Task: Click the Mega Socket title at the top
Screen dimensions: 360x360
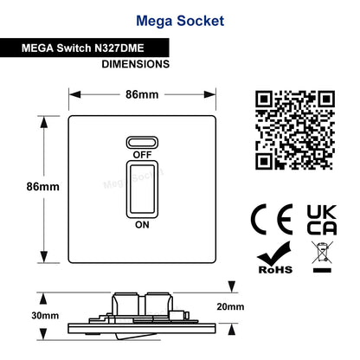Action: point(180,22)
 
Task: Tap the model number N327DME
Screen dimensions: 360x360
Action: point(119,48)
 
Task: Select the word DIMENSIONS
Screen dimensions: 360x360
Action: point(136,64)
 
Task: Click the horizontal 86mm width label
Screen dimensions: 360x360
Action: point(142,94)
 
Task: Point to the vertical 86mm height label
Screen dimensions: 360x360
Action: point(42,187)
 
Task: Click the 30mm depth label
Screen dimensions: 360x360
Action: point(45,316)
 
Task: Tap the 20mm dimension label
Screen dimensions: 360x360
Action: point(230,306)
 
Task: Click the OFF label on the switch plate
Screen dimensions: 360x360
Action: point(142,155)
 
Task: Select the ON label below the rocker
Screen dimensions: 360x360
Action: point(142,225)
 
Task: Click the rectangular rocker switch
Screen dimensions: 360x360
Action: point(142,190)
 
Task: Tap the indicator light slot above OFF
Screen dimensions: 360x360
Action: point(142,143)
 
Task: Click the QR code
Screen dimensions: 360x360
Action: point(295,130)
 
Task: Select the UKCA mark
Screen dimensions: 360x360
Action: point(322,220)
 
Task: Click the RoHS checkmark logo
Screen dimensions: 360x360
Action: point(275,258)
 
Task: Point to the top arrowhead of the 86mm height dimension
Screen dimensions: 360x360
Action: point(43,122)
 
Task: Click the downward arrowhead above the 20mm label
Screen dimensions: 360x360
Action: point(232,287)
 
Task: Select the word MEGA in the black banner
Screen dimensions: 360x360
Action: point(37,48)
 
